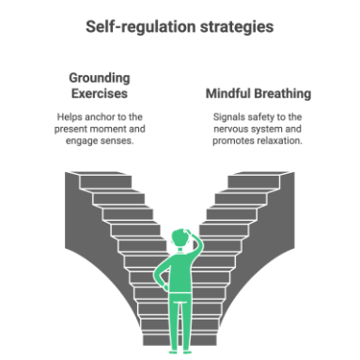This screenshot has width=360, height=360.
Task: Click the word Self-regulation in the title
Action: pyautogui.click(x=141, y=27)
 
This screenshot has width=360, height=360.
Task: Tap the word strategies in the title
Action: pyautogui.click(x=237, y=27)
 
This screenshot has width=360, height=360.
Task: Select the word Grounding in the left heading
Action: pyautogui.click(x=100, y=78)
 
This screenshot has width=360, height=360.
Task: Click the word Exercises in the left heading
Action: pyautogui.click(x=100, y=93)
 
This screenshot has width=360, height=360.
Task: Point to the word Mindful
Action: pyautogui.click(x=228, y=93)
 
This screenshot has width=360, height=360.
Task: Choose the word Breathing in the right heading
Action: pyautogui.click(x=283, y=94)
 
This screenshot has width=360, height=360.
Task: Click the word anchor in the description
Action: pyautogui.click(x=100, y=117)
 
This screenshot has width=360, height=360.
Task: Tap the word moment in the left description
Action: pyautogui.click(x=110, y=129)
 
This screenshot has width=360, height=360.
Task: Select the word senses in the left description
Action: pyautogui.click(x=117, y=141)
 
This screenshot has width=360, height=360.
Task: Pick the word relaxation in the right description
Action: pyautogui.click(x=279, y=141)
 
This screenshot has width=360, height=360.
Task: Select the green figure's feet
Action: pyautogui.click(x=180, y=352)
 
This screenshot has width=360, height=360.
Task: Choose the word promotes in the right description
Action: pyautogui.click(x=233, y=141)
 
